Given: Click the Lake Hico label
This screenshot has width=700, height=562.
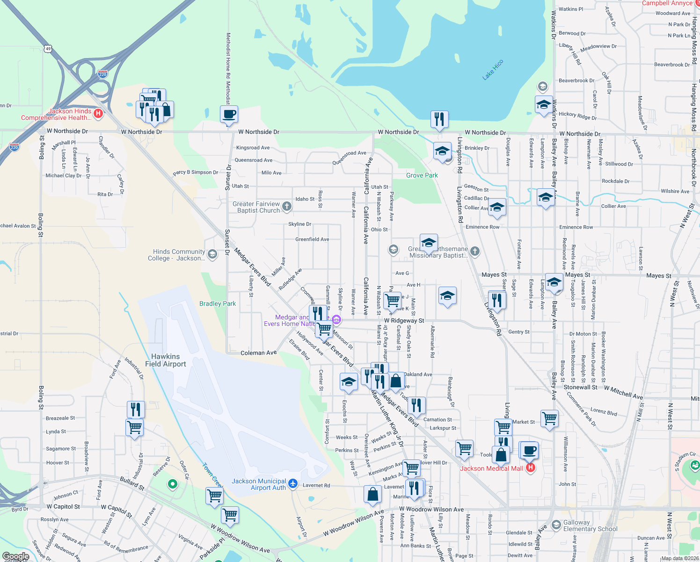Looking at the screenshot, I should (x=493, y=70).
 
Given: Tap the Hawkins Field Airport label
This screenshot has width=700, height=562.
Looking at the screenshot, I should (x=166, y=360).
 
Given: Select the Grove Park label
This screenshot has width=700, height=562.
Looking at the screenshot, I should (x=422, y=175).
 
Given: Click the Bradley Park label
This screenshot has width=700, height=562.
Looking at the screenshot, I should (x=218, y=303).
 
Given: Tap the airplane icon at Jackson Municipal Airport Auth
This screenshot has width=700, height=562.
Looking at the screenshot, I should (x=293, y=484).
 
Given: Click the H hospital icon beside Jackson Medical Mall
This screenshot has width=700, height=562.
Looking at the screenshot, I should (x=530, y=468).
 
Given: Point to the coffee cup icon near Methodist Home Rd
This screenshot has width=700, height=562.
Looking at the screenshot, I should (x=229, y=114).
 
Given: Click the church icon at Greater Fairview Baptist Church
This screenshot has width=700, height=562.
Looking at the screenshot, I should (x=287, y=207).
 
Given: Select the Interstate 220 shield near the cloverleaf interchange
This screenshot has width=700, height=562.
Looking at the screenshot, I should (x=103, y=74).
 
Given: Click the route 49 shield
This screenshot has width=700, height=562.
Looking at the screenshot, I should (x=48, y=48).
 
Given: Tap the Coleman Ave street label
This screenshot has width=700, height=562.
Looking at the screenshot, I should (x=259, y=353).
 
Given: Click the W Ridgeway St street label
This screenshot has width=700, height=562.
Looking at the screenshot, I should (x=404, y=321).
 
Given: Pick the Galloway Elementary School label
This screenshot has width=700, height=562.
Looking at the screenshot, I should (x=590, y=525).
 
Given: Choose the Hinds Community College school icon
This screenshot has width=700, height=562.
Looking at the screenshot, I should (x=212, y=254).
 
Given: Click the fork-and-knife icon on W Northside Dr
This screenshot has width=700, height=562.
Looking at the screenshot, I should (x=439, y=120).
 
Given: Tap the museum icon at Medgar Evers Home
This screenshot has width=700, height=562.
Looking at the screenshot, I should (x=336, y=320).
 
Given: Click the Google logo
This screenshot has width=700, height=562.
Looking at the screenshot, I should (x=16, y=556).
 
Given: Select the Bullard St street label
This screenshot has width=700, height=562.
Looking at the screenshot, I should (x=132, y=483).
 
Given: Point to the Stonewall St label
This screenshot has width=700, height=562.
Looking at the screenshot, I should (x=580, y=387).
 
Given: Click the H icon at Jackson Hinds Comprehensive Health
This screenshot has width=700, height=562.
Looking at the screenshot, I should (x=98, y=113).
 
